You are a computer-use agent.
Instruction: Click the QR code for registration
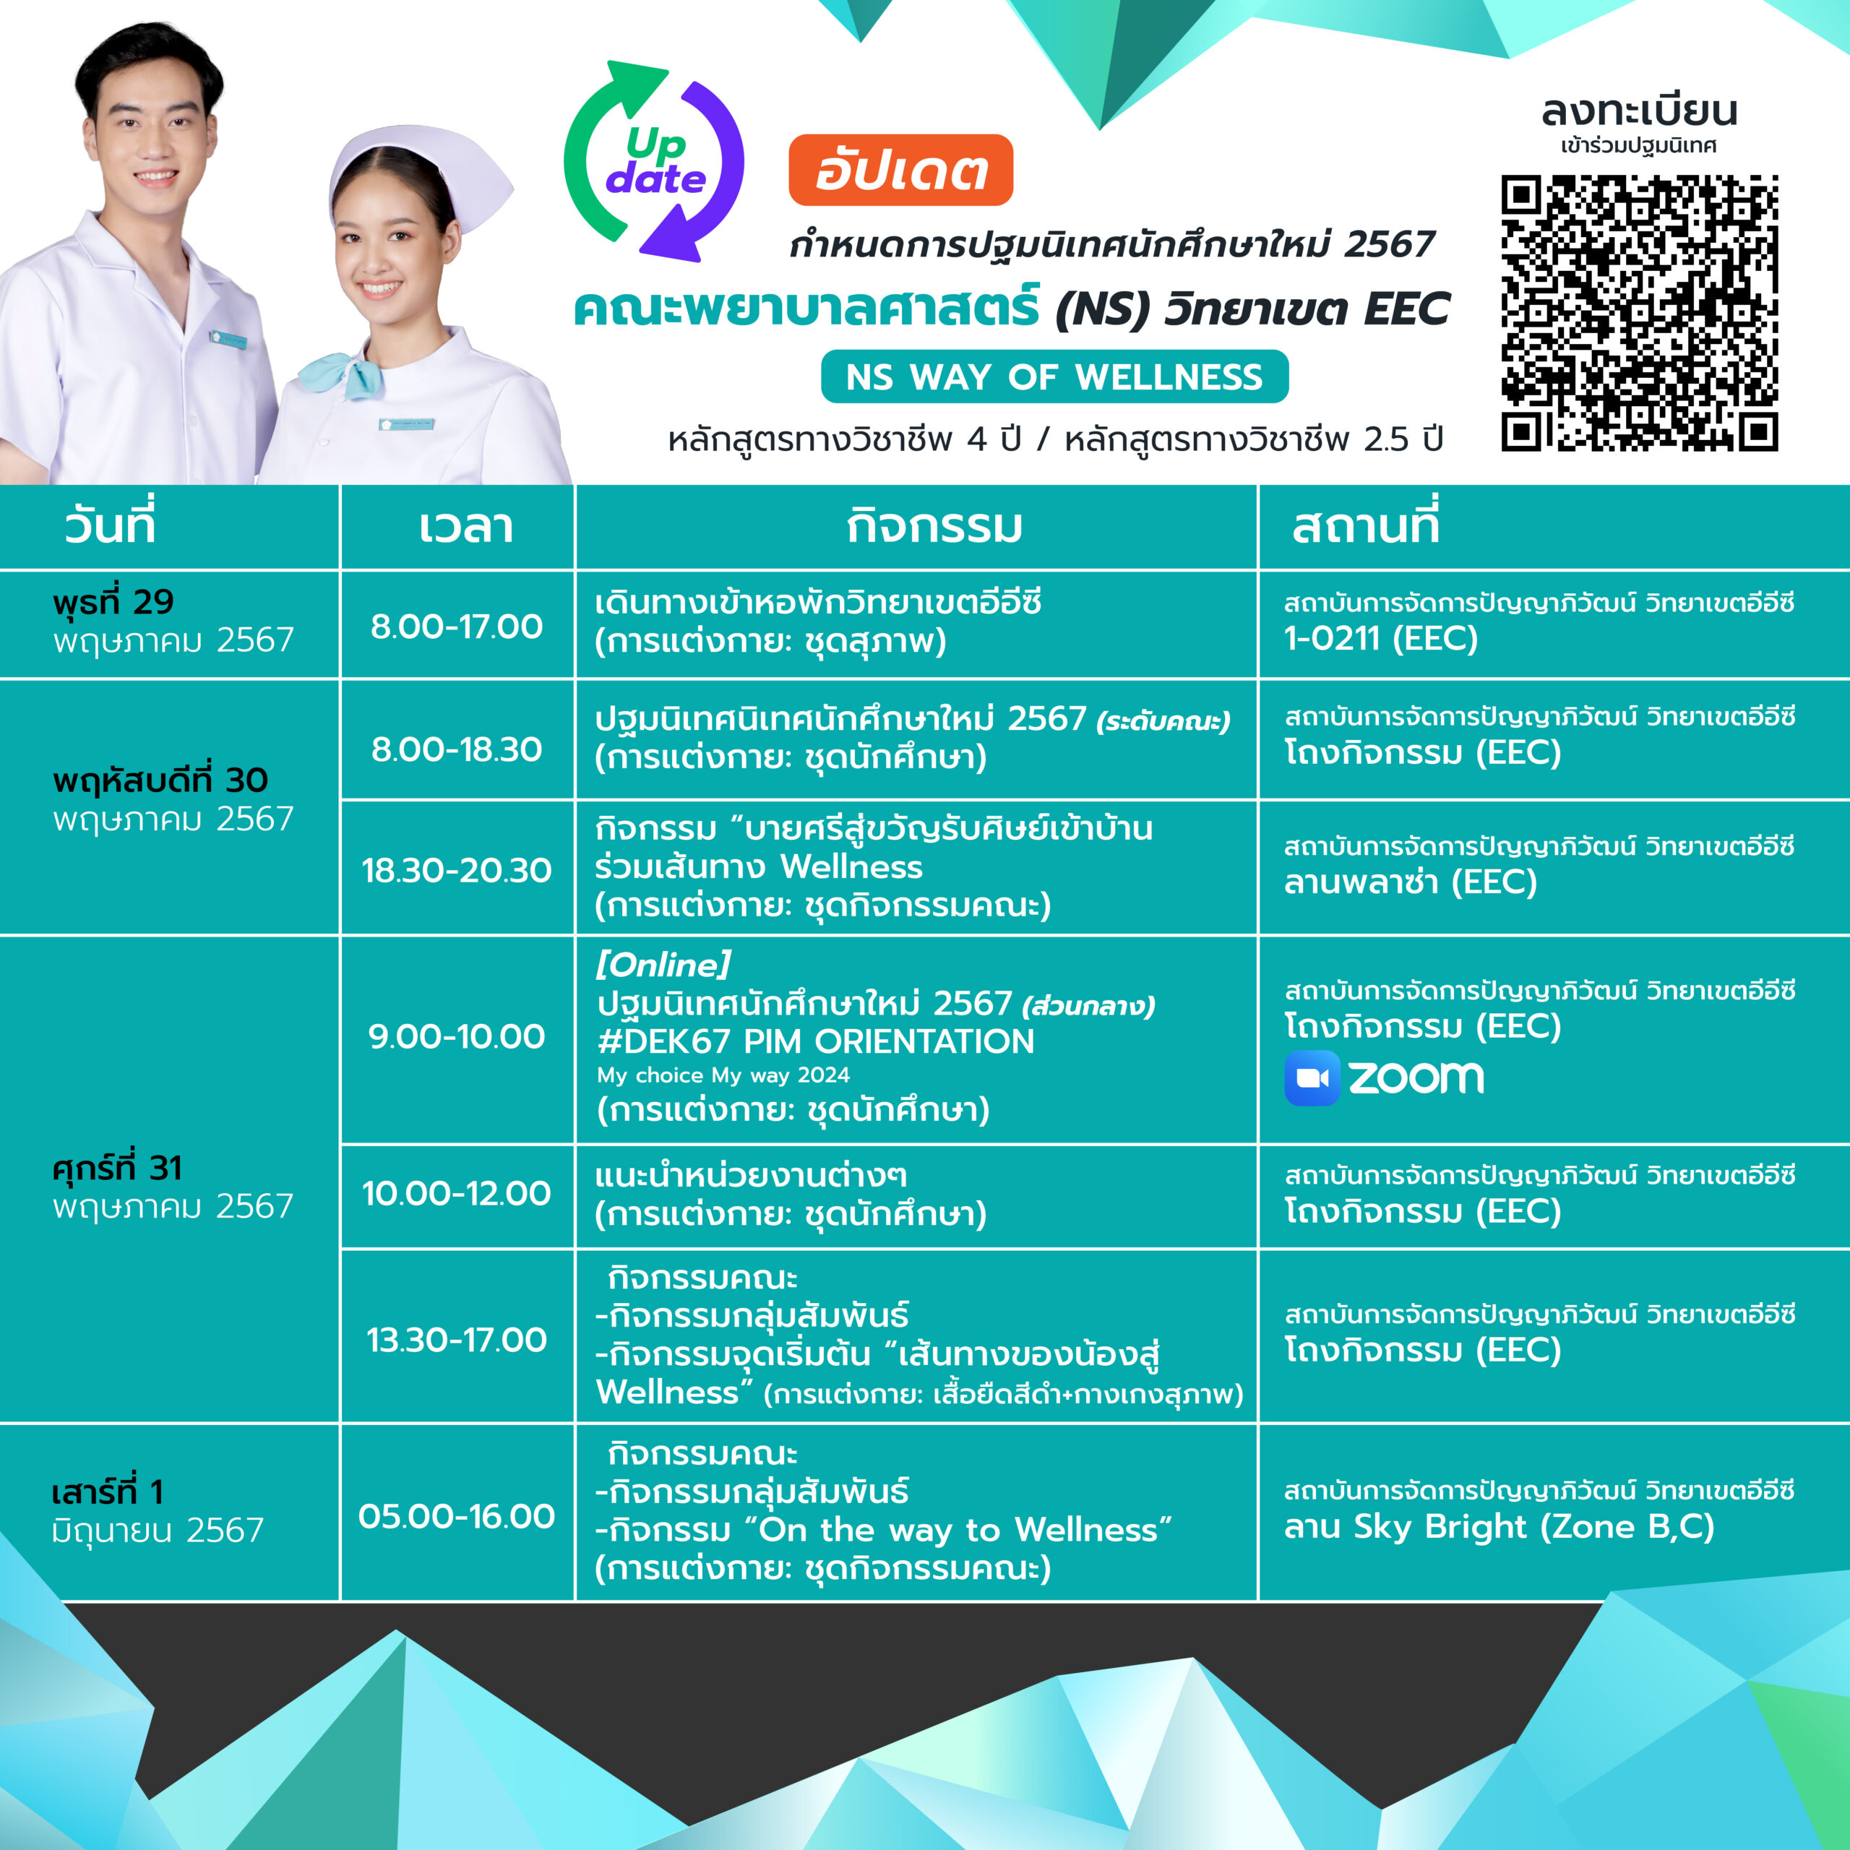[x=1639, y=312]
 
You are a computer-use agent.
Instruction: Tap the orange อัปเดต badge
[x=900, y=171]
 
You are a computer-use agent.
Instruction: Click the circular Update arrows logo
[x=654, y=161]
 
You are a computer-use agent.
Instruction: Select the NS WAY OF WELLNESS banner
[x=1054, y=377]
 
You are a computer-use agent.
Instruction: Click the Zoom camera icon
[x=1312, y=1078]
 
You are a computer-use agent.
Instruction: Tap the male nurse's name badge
[x=229, y=340]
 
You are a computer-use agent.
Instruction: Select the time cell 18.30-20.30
[x=457, y=869]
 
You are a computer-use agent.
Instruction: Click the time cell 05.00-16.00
[x=457, y=1516]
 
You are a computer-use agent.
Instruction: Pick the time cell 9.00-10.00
[x=457, y=1036]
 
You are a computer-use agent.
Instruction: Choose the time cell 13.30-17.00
[x=457, y=1340]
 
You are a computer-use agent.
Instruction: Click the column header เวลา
[x=465, y=527]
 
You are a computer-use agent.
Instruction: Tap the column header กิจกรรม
[x=934, y=527]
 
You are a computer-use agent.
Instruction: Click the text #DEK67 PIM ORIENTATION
[x=816, y=1041]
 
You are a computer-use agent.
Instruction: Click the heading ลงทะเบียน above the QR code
[x=1639, y=111]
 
